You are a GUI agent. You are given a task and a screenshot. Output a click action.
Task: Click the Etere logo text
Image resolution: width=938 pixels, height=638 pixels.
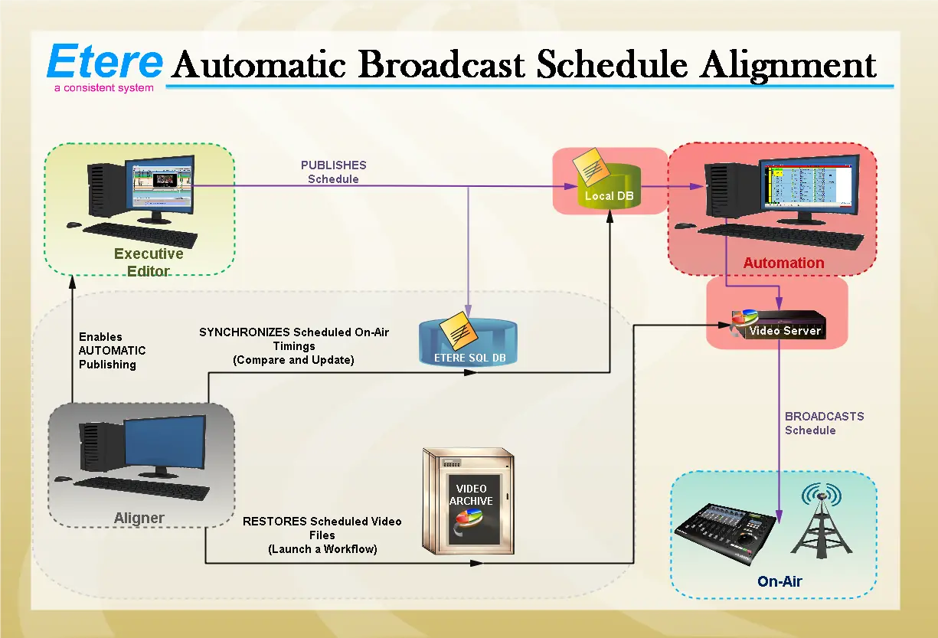pos(105,61)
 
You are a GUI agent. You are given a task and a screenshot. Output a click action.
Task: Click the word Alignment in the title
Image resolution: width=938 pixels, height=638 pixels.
pos(788,64)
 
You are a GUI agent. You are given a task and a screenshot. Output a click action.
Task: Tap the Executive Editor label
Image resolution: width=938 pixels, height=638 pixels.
pos(149,262)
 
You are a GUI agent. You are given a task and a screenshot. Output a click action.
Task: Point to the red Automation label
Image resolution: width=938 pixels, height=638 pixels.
pos(783,263)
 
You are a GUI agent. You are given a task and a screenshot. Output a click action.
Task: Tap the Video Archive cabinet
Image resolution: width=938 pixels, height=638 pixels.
pos(469,501)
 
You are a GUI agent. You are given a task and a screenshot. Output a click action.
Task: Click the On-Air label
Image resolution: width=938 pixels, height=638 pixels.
pos(779,581)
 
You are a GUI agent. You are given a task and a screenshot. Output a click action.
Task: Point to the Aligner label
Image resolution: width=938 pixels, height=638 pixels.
pos(139,518)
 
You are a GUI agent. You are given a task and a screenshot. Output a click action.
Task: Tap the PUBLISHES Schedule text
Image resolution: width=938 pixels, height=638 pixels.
pos(333,172)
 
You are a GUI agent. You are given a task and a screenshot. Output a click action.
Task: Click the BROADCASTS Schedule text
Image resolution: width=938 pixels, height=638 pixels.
pos(824,423)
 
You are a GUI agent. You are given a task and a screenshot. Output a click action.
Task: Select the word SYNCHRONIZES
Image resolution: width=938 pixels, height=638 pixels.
pos(244,332)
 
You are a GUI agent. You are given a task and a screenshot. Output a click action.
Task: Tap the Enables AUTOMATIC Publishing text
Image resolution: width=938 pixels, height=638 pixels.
pos(112,351)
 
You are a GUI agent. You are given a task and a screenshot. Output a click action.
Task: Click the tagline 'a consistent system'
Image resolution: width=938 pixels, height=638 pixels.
pos(103,88)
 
